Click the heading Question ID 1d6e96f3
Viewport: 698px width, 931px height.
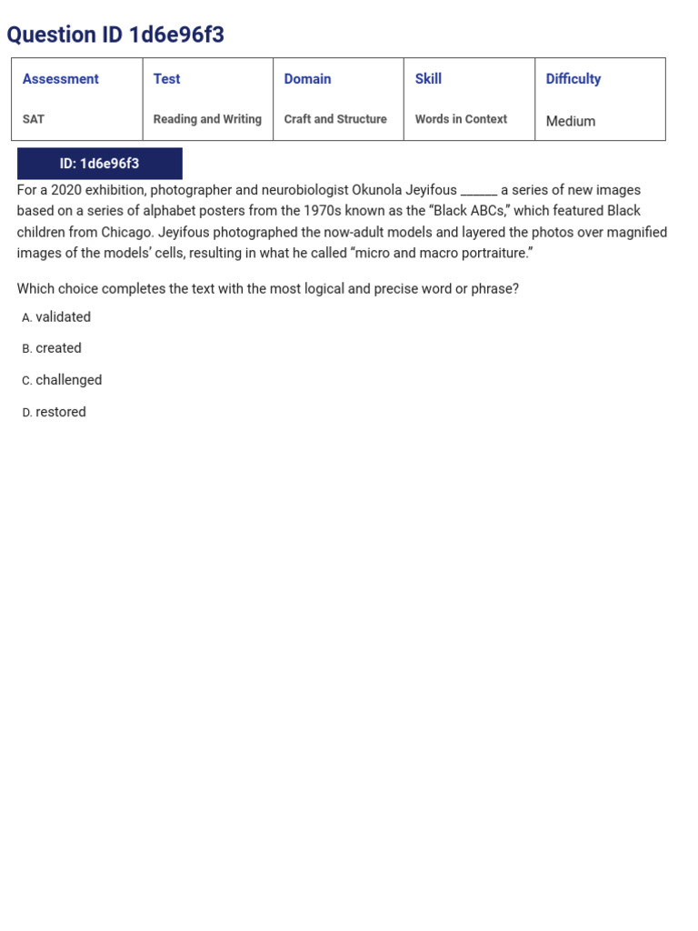(115, 35)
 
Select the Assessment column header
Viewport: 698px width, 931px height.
(61, 79)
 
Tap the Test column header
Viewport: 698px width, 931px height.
(166, 79)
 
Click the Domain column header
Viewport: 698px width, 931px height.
(307, 79)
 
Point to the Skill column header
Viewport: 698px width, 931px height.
(428, 79)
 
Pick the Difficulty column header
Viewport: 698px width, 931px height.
(573, 79)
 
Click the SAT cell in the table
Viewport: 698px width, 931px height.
(34, 119)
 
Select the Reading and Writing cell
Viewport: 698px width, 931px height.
(207, 119)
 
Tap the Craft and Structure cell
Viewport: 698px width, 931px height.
(335, 119)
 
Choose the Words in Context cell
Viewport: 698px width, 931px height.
(461, 119)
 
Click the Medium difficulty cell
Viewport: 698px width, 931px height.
(571, 121)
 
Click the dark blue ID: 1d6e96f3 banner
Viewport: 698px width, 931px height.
(99, 164)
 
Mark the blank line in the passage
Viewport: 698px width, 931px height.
(479, 192)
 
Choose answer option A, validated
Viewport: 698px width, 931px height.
(63, 317)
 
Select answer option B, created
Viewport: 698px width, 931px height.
(58, 348)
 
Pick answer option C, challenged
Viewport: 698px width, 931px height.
(68, 380)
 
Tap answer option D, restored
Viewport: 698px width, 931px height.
(60, 412)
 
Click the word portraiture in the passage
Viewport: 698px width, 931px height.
(492, 253)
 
